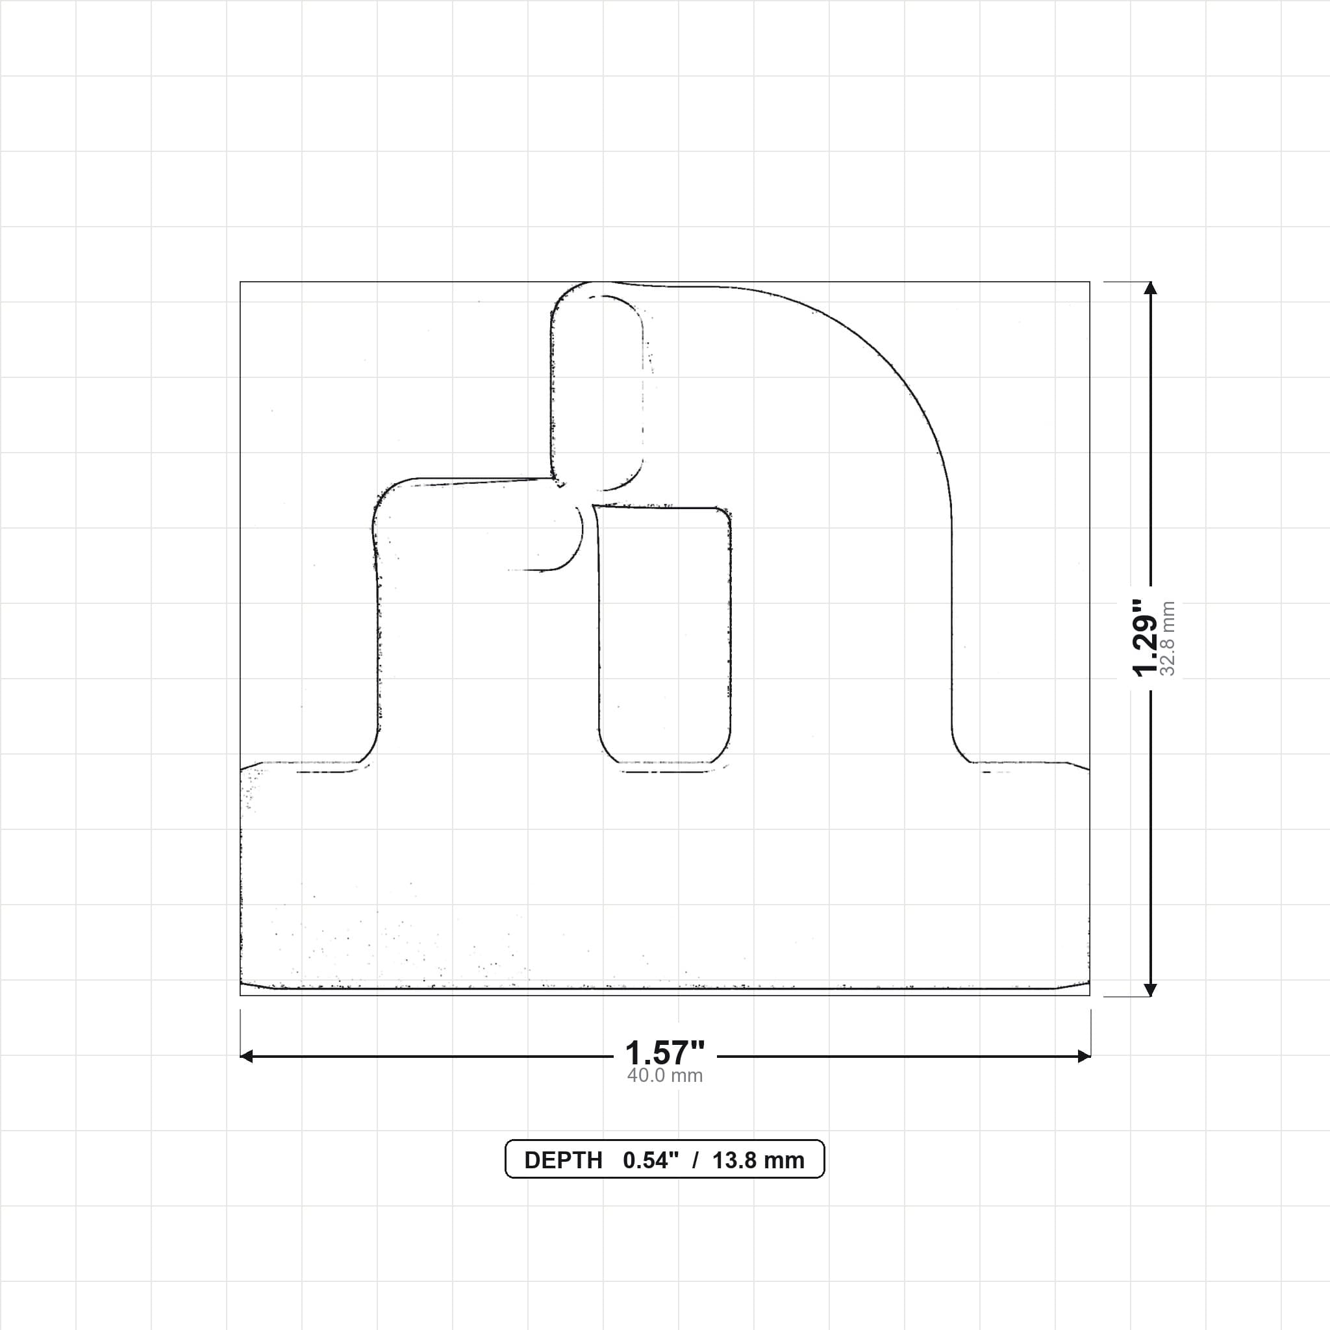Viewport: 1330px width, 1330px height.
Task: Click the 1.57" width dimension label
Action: point(665,1053)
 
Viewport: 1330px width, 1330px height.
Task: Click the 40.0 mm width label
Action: point(665,1075)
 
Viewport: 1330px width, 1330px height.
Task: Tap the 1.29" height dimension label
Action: point(1146,638)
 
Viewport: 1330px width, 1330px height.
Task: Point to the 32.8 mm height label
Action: point(1168,638)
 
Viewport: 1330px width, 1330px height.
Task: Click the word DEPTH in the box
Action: point(563,1160)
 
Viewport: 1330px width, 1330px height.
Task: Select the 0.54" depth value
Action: point(651,1160)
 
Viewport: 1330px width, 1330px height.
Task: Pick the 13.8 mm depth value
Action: point(758,1160)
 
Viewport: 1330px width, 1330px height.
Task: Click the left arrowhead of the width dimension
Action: point(246,1056)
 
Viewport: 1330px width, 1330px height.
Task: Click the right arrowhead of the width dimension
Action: point(1084,1056)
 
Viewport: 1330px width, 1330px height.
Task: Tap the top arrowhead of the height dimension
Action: point(1150,288)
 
